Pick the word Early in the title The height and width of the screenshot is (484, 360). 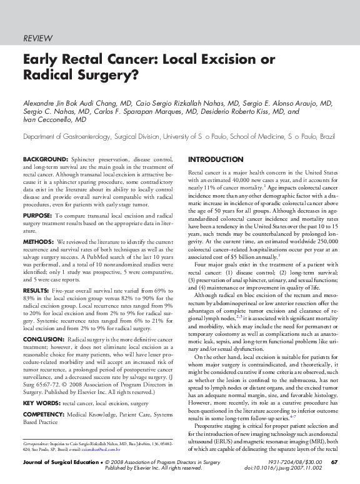point(39,61)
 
